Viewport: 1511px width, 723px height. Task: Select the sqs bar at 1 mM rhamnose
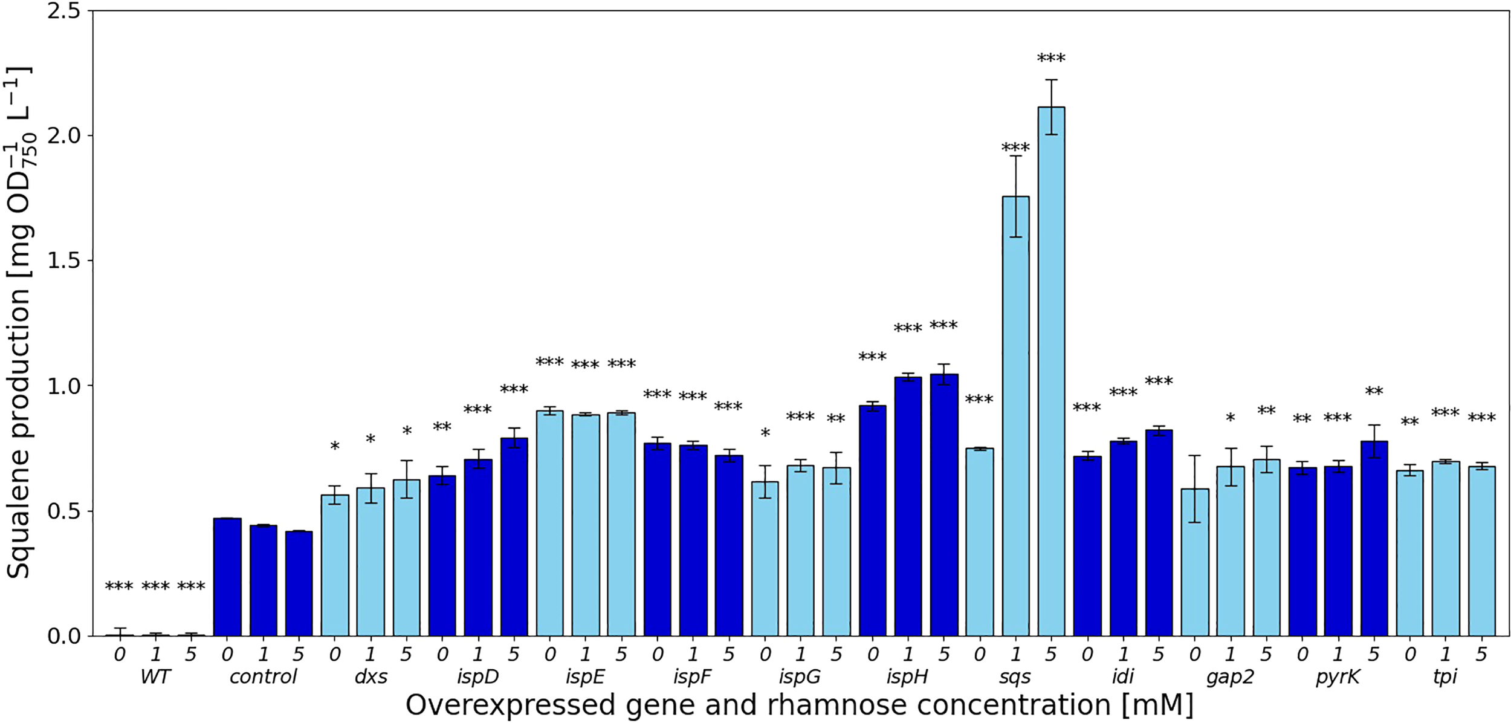[x=1015, y=417]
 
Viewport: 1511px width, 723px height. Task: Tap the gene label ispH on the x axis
[x=907, y=677]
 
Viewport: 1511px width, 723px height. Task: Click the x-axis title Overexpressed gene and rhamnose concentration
[x=800, y=705]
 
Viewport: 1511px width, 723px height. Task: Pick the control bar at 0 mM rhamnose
[x=227, y=577]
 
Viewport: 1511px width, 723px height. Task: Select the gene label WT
[x=155, y=677]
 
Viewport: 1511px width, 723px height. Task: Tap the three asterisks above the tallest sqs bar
[x=1051, y=59]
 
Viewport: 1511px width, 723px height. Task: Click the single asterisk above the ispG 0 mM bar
[x=765, y=433]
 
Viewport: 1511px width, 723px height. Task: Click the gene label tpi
[x=1445, y=677]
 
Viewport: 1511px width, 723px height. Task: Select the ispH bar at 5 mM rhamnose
[x=943, y=505]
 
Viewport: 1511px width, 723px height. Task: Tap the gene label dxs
[x=370, y=677]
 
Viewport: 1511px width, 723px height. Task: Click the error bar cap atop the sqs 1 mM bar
[x=1015, y=156]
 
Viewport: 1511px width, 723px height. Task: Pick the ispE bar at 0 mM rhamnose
[x=549, y=523]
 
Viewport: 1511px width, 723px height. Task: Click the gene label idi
[x=1123, y=677]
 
